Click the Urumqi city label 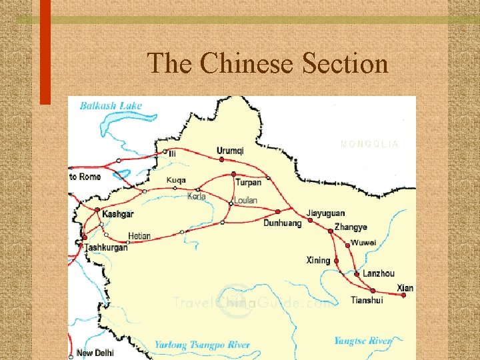[x=230, y=151]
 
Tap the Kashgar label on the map [x=118, y=214]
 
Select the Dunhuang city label [x=282, y=223]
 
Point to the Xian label [x=405, y=288]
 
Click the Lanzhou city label [x=379, y=273]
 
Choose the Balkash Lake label [x=111, y=105]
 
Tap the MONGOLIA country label [x=369, y=143]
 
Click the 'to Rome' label [x=85, y=177]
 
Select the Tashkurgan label [x=106, y=247]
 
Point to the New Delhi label [x=95, y=353]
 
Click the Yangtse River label [x=363, y=341]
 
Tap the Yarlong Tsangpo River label [x=202, y=345]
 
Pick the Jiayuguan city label [x=326, y=214]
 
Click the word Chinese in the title [x=247, y=64]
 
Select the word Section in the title [x=345, y=64]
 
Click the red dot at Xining [x=337, y=261]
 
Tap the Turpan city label [x=248, y=183]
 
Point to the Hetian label [x=139, y=236]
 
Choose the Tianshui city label [x=367, y=300]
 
